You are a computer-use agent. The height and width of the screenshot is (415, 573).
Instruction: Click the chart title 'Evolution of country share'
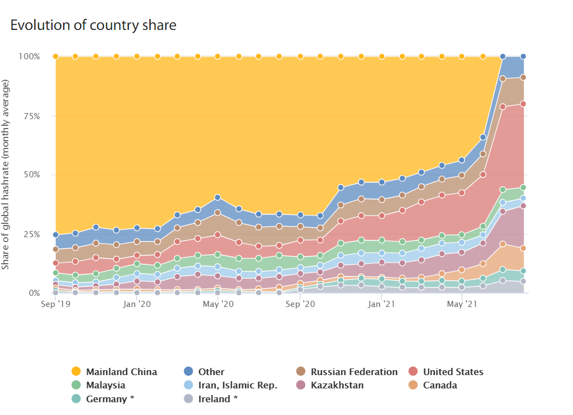click(93, 25)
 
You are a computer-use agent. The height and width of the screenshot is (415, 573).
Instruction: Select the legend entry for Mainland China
click(121, 372)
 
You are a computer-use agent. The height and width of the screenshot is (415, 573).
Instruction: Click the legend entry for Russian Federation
click(354, 372)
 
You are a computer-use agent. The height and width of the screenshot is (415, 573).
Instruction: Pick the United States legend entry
click(453, 372)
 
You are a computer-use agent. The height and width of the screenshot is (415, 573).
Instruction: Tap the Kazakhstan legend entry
click(337, 385)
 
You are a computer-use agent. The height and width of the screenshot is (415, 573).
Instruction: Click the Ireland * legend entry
click(218, 399)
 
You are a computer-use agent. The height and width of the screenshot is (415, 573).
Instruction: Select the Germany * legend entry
click(110, 399)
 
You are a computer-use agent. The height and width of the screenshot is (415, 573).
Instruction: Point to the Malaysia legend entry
click(106, 385)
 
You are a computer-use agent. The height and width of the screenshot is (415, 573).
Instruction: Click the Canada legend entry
click(440, 385)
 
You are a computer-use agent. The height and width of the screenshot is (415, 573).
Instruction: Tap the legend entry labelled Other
click(211, 372)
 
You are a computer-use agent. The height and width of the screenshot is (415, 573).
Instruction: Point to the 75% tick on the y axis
click(32, 116)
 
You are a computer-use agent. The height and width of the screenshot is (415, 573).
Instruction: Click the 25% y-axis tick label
click(32, 234)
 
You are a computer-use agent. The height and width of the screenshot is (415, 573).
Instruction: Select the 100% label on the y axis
click(30, 57)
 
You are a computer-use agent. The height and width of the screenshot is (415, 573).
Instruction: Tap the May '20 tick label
click(218, 304)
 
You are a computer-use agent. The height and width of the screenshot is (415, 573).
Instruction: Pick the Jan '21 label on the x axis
click(382, 304)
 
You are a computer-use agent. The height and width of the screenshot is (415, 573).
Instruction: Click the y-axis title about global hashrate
click(6, 175)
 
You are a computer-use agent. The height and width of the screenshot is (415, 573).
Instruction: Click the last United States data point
click(523, 104)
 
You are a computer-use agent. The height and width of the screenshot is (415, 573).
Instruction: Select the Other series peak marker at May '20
click(218, 197)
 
